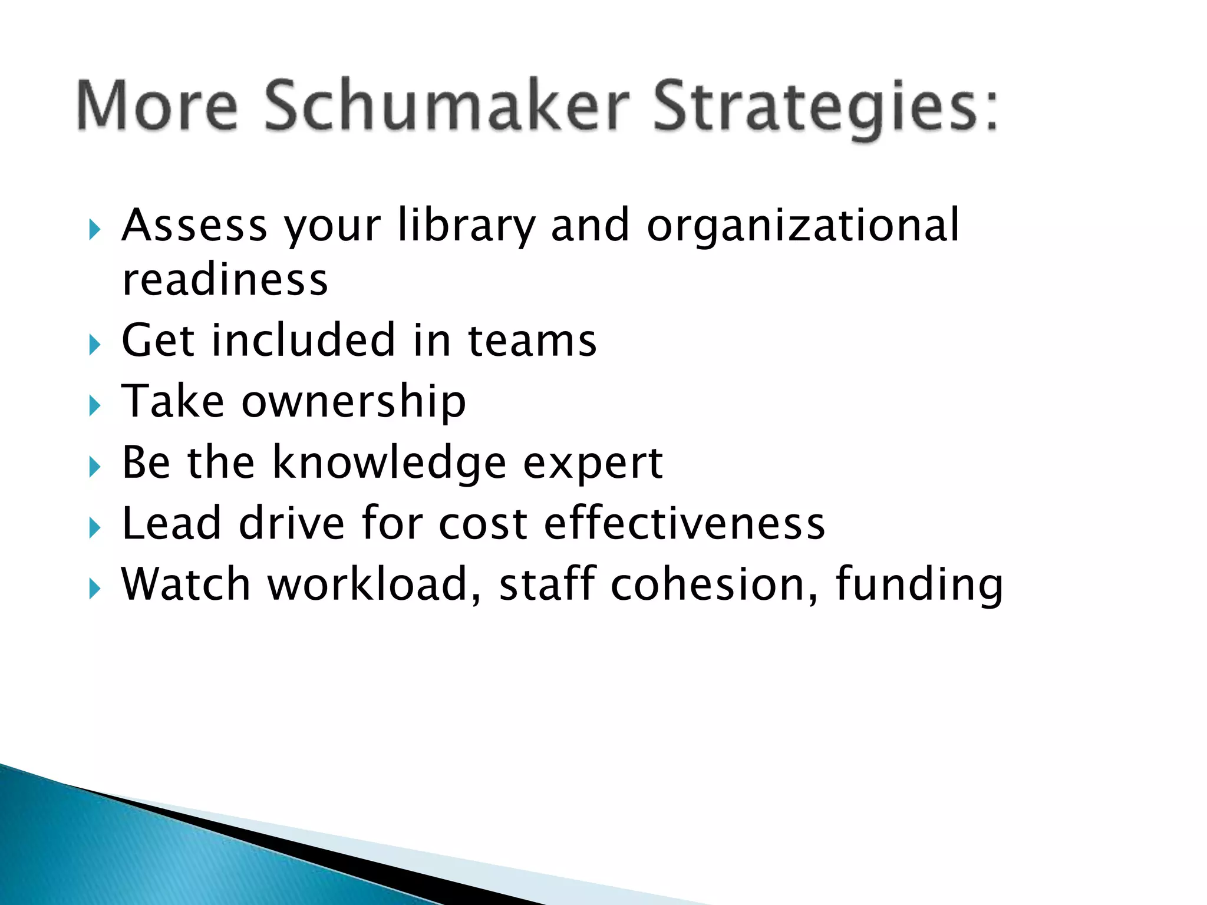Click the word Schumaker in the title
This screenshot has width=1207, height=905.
447,106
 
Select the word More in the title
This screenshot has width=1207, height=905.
157,106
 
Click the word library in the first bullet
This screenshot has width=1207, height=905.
466,226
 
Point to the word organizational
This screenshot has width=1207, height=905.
803,226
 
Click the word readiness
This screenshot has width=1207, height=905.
225,279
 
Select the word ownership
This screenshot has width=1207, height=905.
354,402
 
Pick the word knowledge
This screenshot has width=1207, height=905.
389,463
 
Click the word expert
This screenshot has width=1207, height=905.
593,464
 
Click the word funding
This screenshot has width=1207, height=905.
919,586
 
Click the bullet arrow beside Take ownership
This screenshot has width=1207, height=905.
95,406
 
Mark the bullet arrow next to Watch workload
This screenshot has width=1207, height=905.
95,589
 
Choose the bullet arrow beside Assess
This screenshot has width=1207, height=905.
95,230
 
